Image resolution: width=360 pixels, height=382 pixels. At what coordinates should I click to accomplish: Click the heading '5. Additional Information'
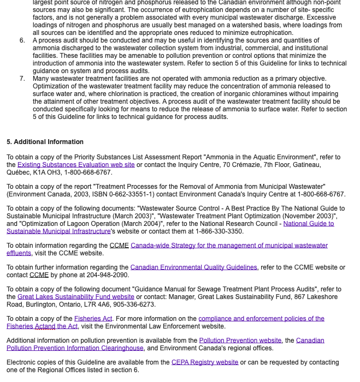pyautogui.click(x=45, y=142)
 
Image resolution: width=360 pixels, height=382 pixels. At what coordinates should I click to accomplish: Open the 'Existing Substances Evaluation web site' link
pyautogui.click(x=76, y=165)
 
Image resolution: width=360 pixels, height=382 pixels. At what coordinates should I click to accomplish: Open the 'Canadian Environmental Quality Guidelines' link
pyautogui.click(x=193, y=267)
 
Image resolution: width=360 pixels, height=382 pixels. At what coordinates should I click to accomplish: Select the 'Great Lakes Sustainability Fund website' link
pyautogui.click(x=76, y=297)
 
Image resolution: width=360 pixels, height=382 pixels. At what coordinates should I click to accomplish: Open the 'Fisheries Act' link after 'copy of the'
pyautogui.click(x=93, y=319)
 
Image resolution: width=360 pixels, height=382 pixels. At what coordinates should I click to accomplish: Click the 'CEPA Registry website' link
pyautogui.click(x=205, y=362)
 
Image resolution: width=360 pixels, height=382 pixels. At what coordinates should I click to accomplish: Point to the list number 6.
pyautogui.click(x=22, y=40)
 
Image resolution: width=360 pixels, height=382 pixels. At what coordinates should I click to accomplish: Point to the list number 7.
pyautogui.click(x=22, y=79)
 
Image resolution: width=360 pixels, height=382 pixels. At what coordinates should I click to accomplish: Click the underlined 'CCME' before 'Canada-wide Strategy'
pyautogui.click(x=119, y=246)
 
